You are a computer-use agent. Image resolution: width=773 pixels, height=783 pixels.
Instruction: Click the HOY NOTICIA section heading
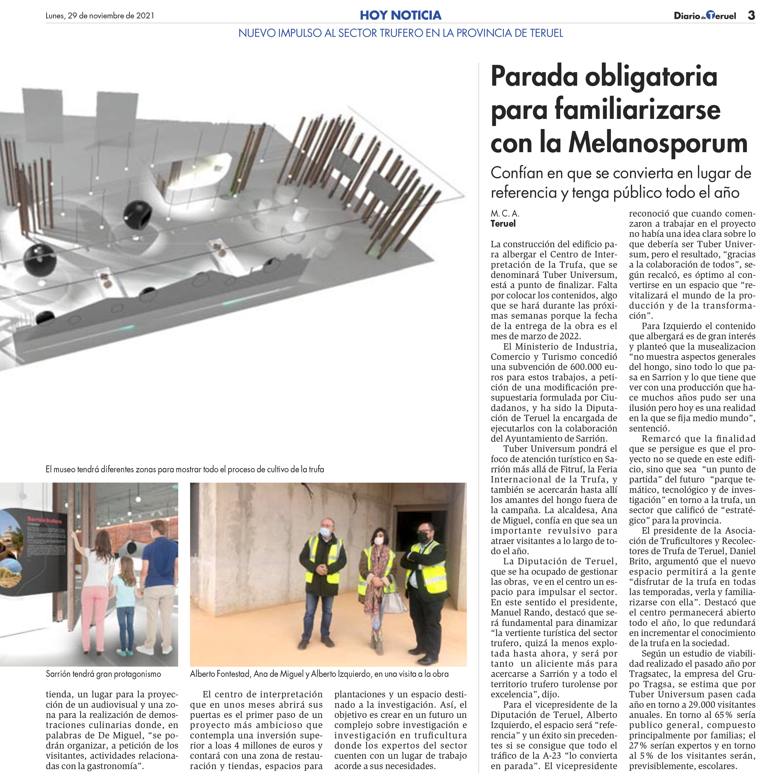[x=400, y=15]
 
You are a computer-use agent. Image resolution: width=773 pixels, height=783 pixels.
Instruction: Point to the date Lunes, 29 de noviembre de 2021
[x=100, y=16]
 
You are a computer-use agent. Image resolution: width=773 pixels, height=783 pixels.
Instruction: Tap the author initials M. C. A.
[x=505, y=213]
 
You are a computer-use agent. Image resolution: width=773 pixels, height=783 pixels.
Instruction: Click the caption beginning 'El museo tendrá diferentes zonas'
[x=185, y=469]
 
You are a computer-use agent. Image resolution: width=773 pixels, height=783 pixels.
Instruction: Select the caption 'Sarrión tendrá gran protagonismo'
[x=103, y=674]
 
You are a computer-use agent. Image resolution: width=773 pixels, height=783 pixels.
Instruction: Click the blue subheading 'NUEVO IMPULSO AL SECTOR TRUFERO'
[x=400, y=33]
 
